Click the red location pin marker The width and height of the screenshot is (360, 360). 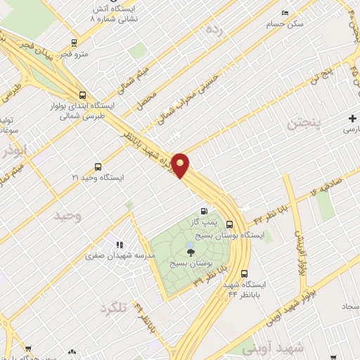pos(181,165)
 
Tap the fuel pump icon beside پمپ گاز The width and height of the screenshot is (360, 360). pos(204,210)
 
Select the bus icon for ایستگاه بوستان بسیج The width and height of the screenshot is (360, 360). pos(230,224)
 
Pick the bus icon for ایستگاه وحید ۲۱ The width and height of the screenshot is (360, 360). pos(98,167)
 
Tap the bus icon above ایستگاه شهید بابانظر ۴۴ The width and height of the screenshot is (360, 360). pos(244,274)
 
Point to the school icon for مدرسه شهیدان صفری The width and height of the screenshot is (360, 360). pos(120,245)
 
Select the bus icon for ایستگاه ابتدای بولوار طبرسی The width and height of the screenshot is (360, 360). pos(83,95)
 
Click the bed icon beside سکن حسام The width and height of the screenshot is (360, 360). pos(285,13)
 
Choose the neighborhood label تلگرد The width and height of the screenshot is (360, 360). pos(117,308)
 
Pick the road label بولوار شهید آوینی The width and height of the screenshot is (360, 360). pos(290,307)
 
